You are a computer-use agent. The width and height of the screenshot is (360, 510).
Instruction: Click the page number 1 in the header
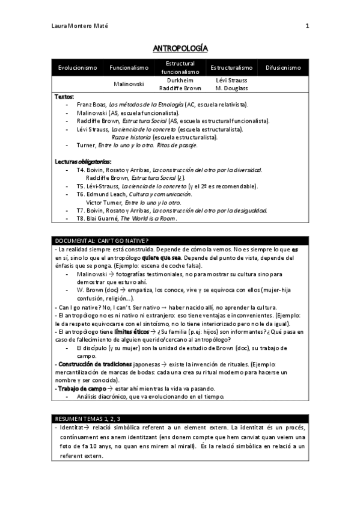click(307, 26)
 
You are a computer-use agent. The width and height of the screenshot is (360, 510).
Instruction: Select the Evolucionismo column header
click(78, 68)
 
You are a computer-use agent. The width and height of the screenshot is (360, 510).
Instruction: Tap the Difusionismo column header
click(282, 68)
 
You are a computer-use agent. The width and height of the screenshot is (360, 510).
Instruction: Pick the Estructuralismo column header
click(231, 68)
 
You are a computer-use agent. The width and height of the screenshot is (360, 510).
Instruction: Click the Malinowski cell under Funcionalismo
click(129, 84)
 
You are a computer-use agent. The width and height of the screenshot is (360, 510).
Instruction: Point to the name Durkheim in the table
click(180, 80)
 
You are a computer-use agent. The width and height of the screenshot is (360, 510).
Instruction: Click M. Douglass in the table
click(231, 87)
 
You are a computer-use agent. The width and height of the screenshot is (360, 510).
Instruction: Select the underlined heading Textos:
click(64, 97)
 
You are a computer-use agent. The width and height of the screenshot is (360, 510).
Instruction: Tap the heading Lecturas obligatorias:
click(83, 162)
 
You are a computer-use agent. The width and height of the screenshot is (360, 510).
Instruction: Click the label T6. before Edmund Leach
click(81, 194)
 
